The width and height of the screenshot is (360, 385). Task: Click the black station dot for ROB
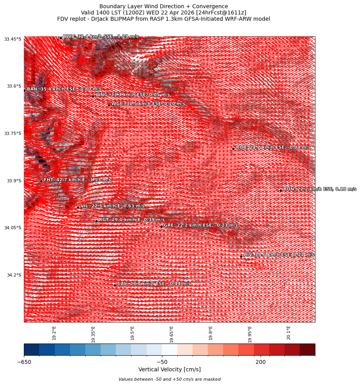233,149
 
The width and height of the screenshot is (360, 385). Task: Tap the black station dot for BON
281,191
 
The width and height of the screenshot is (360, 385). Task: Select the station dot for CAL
115,285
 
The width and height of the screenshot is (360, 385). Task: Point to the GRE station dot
161,227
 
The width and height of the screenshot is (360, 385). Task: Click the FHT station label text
72,180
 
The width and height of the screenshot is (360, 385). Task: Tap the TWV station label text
101,36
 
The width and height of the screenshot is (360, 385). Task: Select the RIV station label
279,255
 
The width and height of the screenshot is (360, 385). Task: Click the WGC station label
148,104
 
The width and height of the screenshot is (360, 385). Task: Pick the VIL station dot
78,207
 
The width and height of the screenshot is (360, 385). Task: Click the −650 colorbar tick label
24,362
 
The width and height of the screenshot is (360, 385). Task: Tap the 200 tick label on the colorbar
261,362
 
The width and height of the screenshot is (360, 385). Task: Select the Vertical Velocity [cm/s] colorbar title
169,370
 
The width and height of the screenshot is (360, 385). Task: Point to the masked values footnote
169,379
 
